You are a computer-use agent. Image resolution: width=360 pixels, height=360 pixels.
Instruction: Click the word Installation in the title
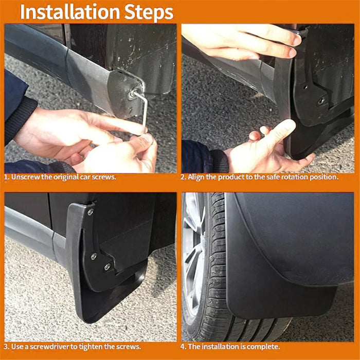point(70,12)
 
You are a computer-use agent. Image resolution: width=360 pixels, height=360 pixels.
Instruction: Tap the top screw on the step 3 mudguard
point(90,212)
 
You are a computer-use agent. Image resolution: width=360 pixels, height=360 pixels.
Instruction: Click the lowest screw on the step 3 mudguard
point(107,267)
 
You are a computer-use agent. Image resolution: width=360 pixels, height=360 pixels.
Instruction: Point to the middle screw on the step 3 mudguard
point(94,256)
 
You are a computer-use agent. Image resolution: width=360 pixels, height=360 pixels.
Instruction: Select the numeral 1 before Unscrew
point(6,177)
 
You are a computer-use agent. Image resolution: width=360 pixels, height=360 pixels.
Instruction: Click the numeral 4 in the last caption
point(183,347)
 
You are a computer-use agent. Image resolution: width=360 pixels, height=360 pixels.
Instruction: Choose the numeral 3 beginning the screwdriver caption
point(6,347)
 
